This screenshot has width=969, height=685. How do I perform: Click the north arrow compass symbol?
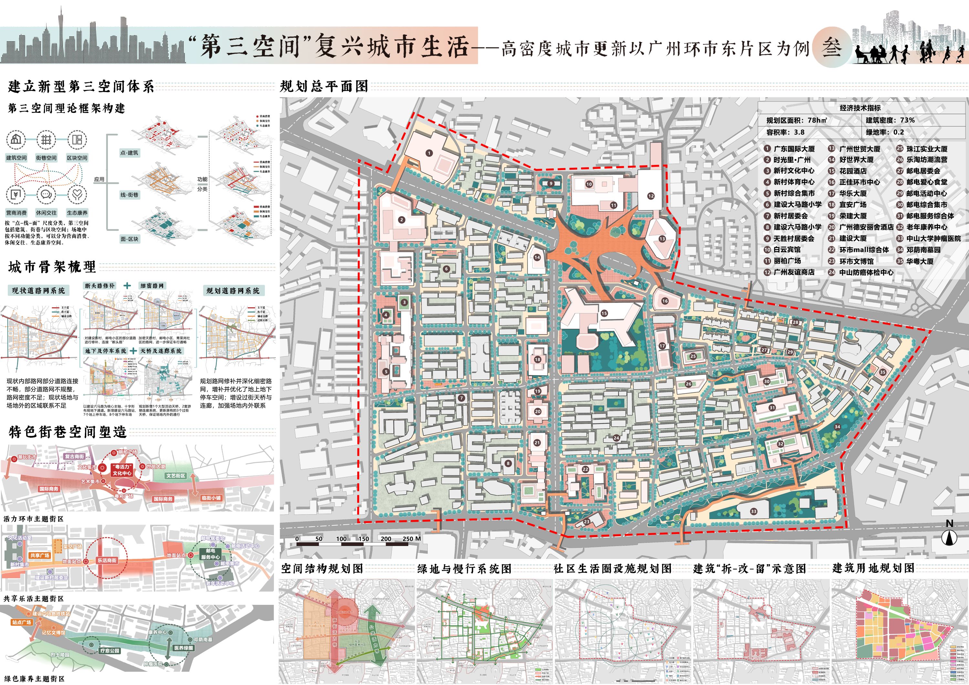click(x=950, y=537)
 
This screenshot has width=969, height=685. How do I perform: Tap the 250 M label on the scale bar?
click(x=412, y=539)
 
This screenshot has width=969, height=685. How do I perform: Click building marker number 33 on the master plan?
click(x=753, y=511)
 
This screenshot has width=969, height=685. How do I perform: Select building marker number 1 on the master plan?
click(x=429, y=153)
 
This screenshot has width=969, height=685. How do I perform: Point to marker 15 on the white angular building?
click(x=604, y=313)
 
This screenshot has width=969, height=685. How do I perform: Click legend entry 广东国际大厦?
click(x=793, y=149)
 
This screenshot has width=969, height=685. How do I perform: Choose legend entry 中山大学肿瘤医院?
click(x=933, y=238)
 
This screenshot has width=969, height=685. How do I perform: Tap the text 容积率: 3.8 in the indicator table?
click(x=786, y=132)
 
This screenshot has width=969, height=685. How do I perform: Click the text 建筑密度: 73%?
click(x=890, y=120)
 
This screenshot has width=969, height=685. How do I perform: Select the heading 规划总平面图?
click(x=324, y=86)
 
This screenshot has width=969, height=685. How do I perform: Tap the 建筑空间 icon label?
click(x=16, y=158)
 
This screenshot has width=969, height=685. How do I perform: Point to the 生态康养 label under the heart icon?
click(x=77, y=213)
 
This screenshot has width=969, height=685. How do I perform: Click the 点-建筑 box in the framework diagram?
click(x=129, y=153)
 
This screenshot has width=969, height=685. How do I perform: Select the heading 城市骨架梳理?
click(x=52, y=267)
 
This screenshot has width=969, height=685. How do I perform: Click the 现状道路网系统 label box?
click(x=38, y=291)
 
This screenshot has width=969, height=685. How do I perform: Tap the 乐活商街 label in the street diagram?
click(x=107, y=561)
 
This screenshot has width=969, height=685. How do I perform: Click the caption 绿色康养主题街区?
click(x=34, y=679)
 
